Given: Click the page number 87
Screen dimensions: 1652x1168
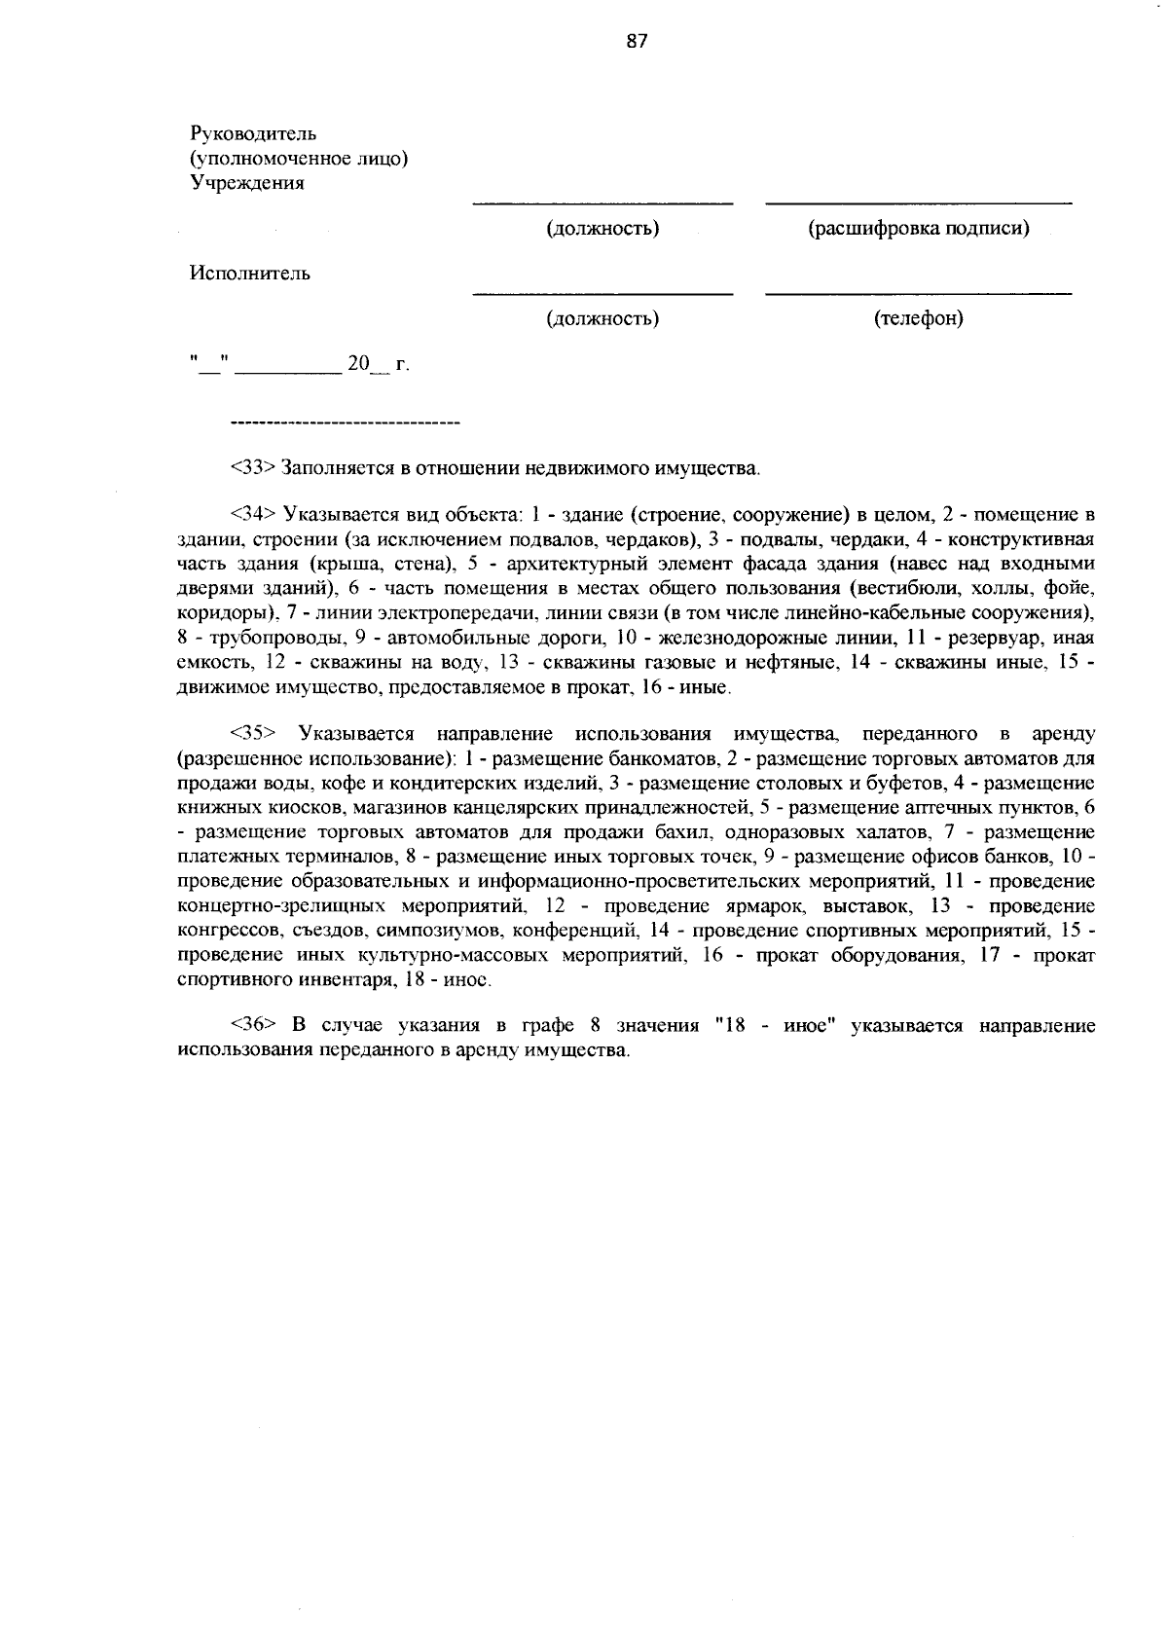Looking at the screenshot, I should [x=637, y=41].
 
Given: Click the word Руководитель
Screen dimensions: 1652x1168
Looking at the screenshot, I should [x=253, y=133].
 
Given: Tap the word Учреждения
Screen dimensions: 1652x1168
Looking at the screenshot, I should [x=247, y=183].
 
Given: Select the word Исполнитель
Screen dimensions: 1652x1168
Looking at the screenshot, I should [x=250, y=274].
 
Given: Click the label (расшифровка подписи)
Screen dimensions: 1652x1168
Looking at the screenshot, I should [x=918, y=229].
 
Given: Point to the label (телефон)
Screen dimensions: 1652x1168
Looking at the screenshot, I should [x=918, y=318].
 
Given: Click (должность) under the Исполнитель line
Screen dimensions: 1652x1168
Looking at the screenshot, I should [x=602, y=318].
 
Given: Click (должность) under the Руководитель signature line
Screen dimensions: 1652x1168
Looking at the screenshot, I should [x=602, y=229].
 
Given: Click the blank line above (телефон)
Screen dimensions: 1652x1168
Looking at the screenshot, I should [x=918, y=293].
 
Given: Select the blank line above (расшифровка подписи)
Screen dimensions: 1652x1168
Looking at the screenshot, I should [x=918, y=203].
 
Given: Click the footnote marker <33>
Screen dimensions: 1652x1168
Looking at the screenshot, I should [x=254, y=468].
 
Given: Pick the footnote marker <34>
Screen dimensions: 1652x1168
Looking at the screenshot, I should [x=254, y=514].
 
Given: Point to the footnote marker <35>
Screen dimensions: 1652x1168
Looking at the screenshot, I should [x=254, y=733].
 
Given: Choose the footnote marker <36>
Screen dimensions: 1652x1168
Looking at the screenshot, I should [x=254, y=1025].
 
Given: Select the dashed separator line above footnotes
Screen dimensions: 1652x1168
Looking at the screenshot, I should [x=345, y=423].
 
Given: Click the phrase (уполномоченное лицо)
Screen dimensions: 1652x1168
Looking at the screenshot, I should [x=298, y=158].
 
